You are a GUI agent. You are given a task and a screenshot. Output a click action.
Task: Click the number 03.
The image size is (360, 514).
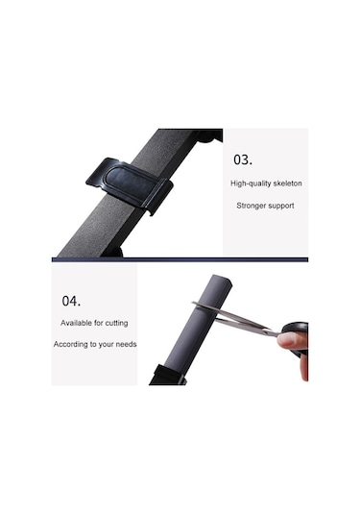(243, 159)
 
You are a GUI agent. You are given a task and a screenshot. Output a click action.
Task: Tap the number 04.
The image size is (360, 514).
(71, 301)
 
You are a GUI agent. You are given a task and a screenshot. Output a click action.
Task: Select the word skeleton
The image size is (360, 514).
(288, 183)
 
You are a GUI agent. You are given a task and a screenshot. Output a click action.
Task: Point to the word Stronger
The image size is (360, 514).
(251, 206)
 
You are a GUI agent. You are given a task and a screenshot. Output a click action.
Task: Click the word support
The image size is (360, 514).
(281, 206)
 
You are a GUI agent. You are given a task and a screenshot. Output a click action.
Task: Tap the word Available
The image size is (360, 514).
(76, 323)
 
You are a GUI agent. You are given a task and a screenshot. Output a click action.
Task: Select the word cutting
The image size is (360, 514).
(116, 323)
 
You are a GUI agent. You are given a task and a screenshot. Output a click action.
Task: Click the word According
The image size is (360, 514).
(70, 344)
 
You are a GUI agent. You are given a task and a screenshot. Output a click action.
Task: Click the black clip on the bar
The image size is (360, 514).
(130, 184)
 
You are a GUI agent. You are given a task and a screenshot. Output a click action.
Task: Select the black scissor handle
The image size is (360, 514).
(297, 336)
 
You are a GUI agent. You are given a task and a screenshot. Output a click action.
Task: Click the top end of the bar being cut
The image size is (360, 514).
(223, 280)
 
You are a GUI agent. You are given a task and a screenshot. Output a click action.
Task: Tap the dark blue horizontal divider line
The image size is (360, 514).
(180, 259)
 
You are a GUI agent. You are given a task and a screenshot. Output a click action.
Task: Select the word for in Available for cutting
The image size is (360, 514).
(99, 323)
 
